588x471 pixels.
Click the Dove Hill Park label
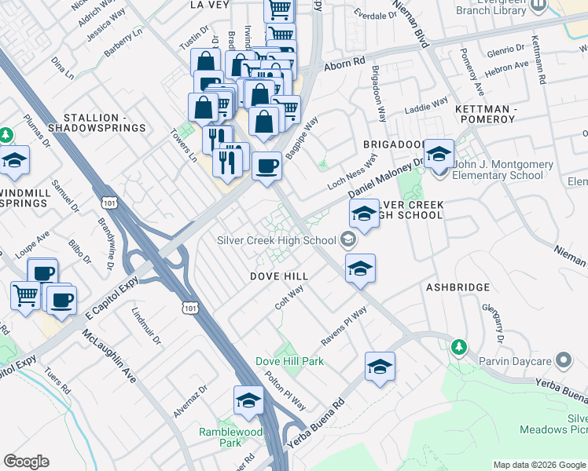click(289, 361)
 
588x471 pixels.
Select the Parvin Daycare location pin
click(563, 360)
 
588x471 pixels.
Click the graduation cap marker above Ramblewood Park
click(248, 401)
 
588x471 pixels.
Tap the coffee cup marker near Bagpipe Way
click(267, 166)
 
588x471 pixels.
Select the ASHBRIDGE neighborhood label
click(458, 288)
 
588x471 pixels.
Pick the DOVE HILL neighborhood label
click(279, 276)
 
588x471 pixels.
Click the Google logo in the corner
click(26, 462)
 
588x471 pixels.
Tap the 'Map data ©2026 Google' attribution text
click(538, 465)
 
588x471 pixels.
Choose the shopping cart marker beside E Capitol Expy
click(26, 297)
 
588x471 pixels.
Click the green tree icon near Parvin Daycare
click(458, 346)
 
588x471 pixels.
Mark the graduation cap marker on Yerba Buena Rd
click(380, 367)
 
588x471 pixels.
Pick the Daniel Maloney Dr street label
click(386, 178)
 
